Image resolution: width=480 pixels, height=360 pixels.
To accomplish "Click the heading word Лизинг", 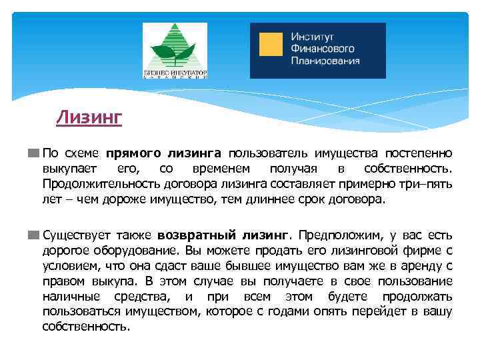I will click(89, 118).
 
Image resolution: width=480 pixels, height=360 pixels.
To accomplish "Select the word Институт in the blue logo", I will click(312, 37).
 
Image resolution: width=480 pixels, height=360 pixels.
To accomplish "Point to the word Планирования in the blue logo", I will click(325, 61).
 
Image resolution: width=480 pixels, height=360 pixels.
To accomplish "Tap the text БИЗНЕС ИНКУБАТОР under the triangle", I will click(175, 72).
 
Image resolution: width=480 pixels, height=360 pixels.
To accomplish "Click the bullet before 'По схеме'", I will click(33, 152).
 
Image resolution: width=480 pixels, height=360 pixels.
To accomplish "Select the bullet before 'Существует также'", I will click(33, 235).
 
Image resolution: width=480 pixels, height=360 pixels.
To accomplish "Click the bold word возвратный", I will click(191, 235).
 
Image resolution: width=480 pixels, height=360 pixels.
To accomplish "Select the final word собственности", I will click(86, 327).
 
